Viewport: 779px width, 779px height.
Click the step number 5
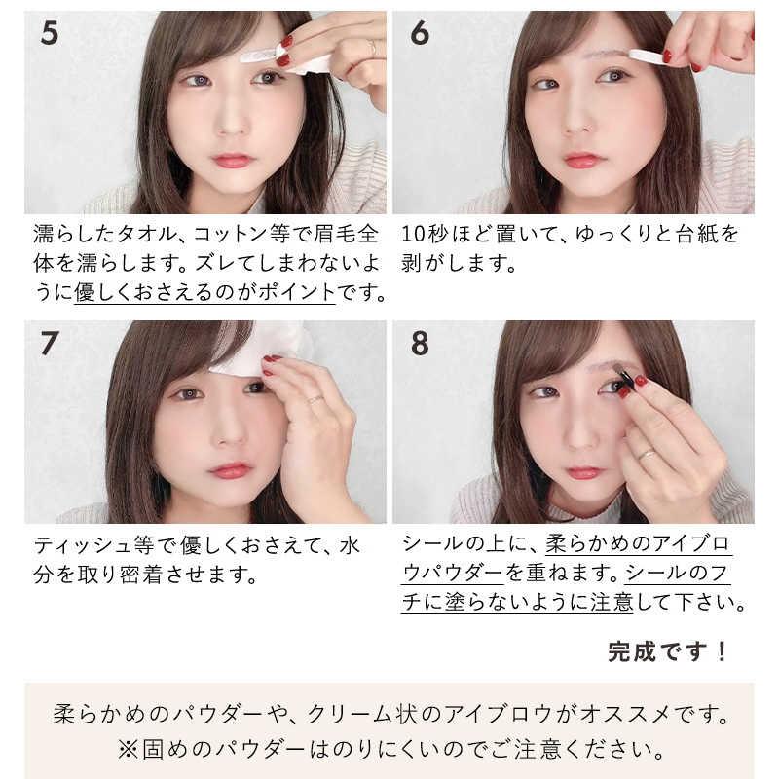[x=50, y=33]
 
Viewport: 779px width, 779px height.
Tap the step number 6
[x=420, y=33]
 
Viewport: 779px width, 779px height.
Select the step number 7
[x=50, y=344]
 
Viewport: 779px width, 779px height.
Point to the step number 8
[x=420, y=344]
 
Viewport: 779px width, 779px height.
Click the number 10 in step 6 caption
[x=413, y=235]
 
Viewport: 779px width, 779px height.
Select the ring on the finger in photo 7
[x=315, y=398]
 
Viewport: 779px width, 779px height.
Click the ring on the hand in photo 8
[x=647, y=454]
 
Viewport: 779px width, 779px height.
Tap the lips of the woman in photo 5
[x=231, y=161]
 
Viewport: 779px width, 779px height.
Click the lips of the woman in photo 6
[x=584, y=160]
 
